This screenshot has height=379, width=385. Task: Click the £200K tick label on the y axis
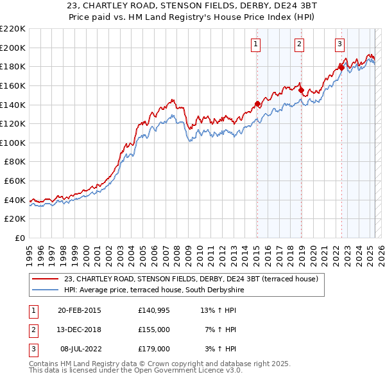pyautogui.click(x=13, y=48)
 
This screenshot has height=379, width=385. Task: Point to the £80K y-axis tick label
pyautogui.click(x=15, y=162)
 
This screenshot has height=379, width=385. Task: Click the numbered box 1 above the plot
pyautogui.click(x=255, y=44)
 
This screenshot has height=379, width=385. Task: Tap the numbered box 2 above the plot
pyautogui.click(x=300, y=44)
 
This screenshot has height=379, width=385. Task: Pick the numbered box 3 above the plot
pyautogui.click(x=339, y=44)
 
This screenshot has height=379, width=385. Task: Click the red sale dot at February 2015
pyautogui.click(x=257, y=103)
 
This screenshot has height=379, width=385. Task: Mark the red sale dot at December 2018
pyautogui.click(x=301, y=90)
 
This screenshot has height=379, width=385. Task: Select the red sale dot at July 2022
pyautogui.click(x=341, y=67)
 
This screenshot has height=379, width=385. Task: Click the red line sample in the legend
pyautogui.click(x=46, y=279)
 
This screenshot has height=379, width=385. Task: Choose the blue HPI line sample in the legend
pyautogui.click(x=46, y=290)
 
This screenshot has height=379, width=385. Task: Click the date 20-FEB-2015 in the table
pyautogui.click(x=79, y=311)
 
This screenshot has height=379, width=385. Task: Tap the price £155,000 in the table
pyautogui.click(x=153, y=330)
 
